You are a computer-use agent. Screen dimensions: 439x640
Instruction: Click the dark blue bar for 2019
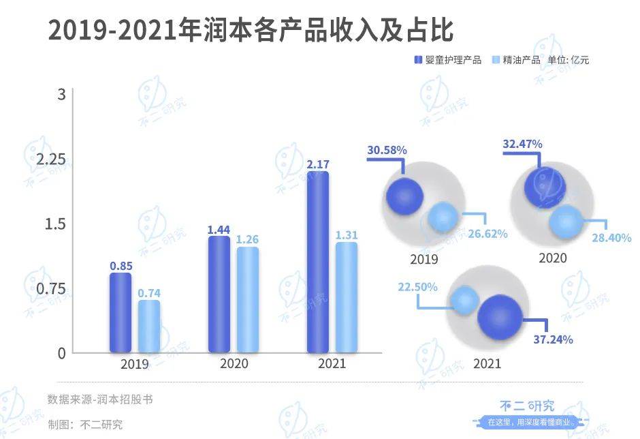[121, 313]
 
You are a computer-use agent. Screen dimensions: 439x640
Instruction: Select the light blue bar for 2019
[149, 327]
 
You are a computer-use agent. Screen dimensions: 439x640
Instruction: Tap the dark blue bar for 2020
[219, 294]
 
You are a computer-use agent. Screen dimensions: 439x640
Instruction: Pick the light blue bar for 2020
[247, 300]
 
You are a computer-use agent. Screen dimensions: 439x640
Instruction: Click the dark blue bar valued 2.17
[317, 262]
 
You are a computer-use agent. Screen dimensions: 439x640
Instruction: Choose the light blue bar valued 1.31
[346, 297]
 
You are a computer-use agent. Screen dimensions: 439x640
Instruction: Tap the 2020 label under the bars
[234, 363]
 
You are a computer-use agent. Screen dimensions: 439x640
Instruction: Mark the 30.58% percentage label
[387, 149]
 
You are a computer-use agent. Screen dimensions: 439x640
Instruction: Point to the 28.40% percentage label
[611, 238]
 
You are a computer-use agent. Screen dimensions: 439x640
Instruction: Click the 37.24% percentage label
[553, 339]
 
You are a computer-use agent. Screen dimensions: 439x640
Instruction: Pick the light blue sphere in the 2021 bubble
[466, 301]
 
